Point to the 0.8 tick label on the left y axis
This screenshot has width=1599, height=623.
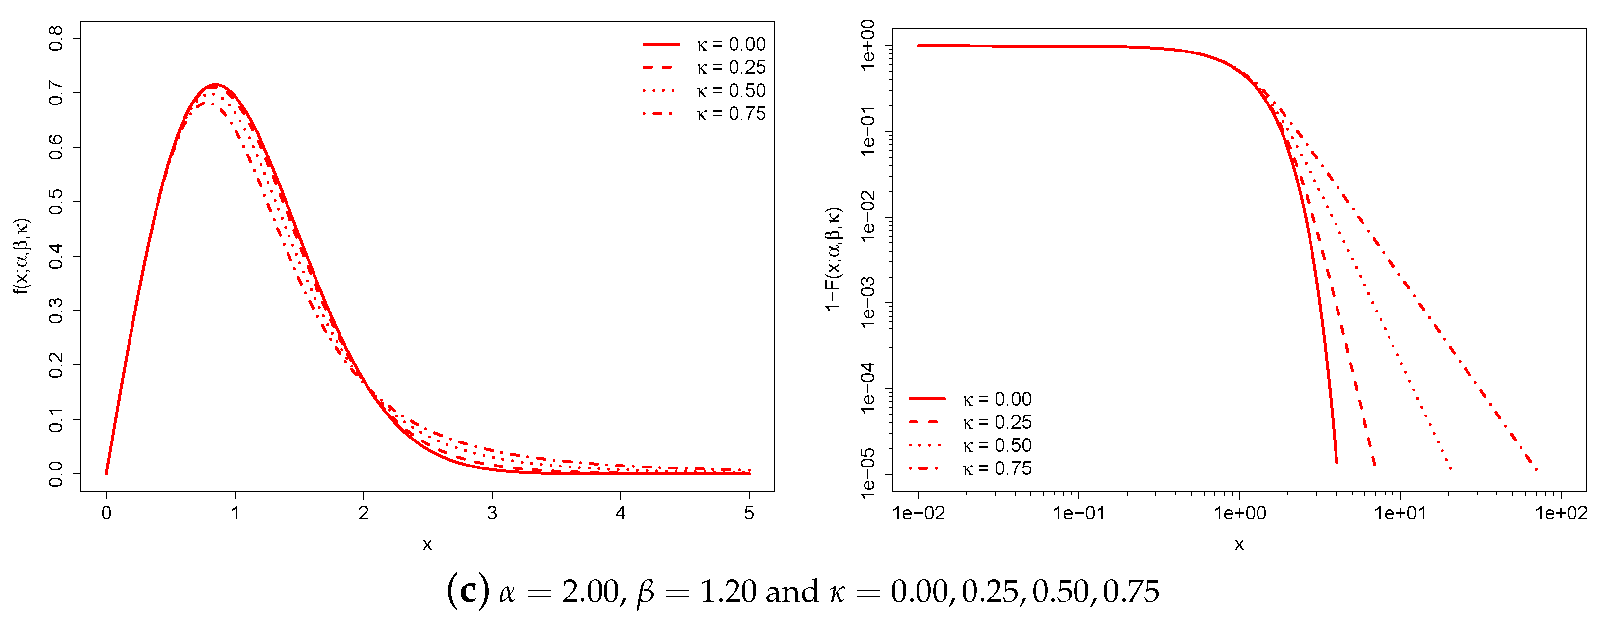pyautogui.click(x=56, y=38)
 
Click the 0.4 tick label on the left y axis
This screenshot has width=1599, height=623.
pyautogui.click(x=56, y=256)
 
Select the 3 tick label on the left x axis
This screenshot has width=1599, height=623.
pyautogui.click(x=492, y=513)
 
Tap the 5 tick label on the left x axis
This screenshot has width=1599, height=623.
pyautogui.click(x=749, y=513)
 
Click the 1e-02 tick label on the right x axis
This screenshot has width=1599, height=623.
pyautogui.click(x=918, y=513)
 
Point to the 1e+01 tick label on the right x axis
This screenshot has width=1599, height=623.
pyautogui.click(x=1400, y=513)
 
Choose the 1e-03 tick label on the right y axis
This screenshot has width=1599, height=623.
pyautogui.click(x=868, y=303)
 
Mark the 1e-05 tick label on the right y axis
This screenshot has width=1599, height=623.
pyautogui.click(x=868, y=474)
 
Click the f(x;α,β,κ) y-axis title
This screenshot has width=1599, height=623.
pyautogui.click(x=23, y=256)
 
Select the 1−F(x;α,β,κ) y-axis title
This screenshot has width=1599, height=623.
pyautogui.click(x=834, y=260)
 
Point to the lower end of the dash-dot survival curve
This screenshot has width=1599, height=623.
pyautogui.click(x=1537, y=470)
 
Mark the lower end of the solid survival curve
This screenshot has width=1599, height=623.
pyautogui.click(x=1337, y=462)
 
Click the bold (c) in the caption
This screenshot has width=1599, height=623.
pyautogui.click(x=468, y=591)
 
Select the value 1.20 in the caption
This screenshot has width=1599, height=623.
pyautogui.click(x=728, y=591)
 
